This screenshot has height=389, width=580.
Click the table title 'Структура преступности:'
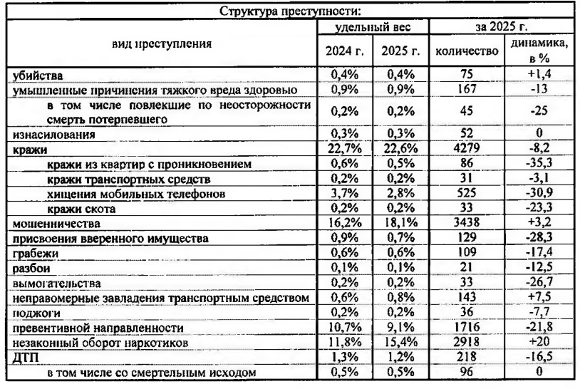point(290,11)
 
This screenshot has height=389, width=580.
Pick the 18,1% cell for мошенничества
point(401,224)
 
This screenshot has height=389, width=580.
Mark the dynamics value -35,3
point(539,165)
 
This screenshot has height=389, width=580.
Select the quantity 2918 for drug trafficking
point(465,342)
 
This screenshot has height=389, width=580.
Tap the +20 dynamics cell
point(539,342)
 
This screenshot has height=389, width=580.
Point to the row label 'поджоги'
point(35,313)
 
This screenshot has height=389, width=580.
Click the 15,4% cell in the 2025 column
point(401,342)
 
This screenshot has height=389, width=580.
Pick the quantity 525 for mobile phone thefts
point(465,194)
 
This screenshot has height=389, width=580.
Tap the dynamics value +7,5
point(539,298)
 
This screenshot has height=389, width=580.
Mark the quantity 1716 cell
point(465,328)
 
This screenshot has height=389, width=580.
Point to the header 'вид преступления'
point(162,43)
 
